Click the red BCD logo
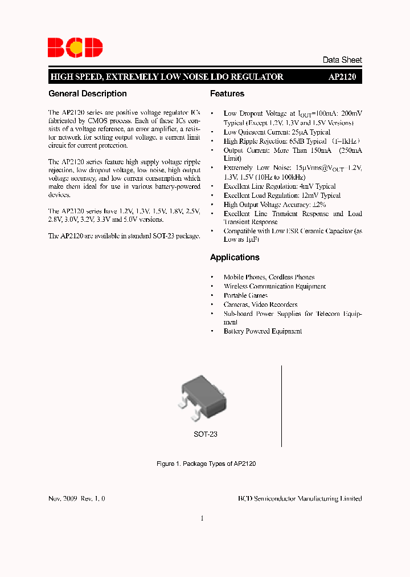click(x=75, y=47)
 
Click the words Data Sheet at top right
click(x=342, y=60)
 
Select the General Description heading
click(x=88, y=94)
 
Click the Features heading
click(x=227, y=94)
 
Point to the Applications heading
click(x=235, y=257)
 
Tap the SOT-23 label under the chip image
click(x=206, y=434)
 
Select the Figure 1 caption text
click(x=206, y=464)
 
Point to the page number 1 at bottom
click(x=202, y=518)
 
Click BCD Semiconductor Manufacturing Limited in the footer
click(x=300, y=498)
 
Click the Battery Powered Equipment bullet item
click(x=263, y=331)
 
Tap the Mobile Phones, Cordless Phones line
click(x=269, y=277)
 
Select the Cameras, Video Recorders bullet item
click(x=260, y=304)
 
